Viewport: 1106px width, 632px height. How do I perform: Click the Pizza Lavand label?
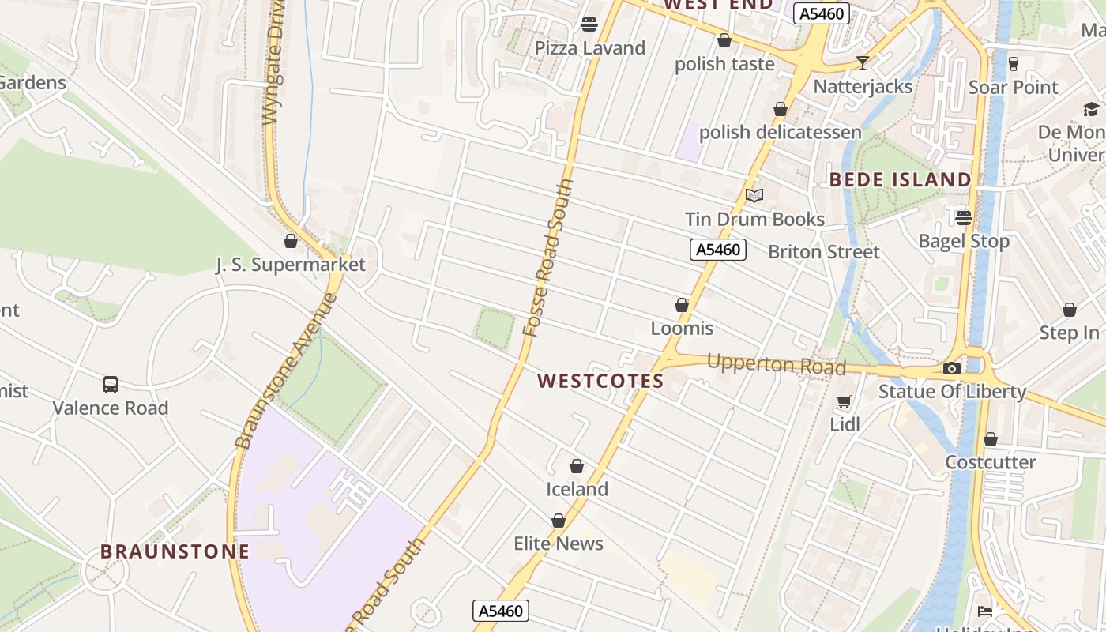[589, 48]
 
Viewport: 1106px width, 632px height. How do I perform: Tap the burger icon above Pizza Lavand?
[589, 24]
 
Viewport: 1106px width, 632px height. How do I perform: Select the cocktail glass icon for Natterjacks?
[862, 62]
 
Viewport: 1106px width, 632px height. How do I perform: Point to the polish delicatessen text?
[780, 132]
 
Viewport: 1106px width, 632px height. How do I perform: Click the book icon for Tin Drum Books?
[754, 195]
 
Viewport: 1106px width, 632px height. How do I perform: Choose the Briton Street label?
[823, 252]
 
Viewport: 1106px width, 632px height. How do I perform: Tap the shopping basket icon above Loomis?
[682, 305]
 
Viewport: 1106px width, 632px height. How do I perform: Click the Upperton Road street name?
[776, 365]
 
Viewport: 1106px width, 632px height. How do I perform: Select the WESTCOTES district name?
[600, 381]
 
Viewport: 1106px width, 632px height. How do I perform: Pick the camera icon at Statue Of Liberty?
[952, 368]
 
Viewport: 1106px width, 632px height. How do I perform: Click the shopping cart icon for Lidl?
[845, 402]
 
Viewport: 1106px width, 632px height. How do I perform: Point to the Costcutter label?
[990, 462]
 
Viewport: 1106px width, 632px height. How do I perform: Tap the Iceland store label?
[577, 489]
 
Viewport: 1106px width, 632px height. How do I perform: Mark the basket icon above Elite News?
[559, 521]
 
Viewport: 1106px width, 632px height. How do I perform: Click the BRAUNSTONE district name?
[175, 551]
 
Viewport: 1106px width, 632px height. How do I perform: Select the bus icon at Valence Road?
[111, 385]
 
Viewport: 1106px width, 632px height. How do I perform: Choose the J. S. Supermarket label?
[291, 265]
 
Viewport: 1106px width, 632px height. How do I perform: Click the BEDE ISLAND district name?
[900, 179]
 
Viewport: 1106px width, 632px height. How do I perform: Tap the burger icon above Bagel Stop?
[963, 217]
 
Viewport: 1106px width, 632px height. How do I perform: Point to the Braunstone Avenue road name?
[285, 371]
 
